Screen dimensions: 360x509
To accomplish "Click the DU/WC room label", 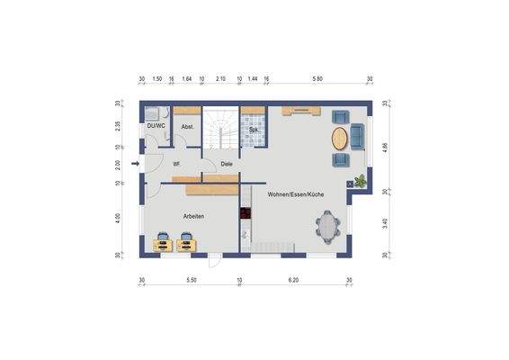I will [x=156, y=126].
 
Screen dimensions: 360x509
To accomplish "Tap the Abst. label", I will [x=187, y=127].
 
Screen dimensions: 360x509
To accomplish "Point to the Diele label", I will [x=227, y=164].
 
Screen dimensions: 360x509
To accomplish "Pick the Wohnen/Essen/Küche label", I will [x=296, y=194].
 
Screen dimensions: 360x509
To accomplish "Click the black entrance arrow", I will [x=135, y=164].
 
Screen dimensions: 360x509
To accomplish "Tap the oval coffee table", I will [x=338, y=139].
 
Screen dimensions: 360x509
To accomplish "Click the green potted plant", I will [x=362, y=180].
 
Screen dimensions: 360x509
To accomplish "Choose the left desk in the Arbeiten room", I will [x=164, y=241].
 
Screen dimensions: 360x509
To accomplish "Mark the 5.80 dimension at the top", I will [x=317, y=79].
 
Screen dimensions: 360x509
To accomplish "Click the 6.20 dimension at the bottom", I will [x=293, y=281].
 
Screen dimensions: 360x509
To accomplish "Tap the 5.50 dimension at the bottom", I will [x=191, y=281].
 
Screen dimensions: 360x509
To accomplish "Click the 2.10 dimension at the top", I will [x=220, y=79].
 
